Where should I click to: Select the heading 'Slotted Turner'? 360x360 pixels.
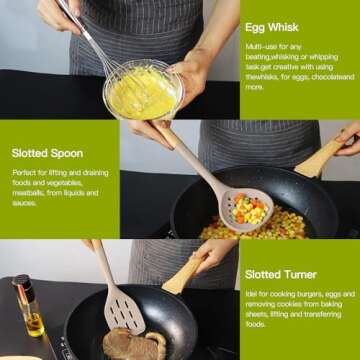[x=281, y=274]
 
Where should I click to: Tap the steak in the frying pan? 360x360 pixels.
[x=132, y=343]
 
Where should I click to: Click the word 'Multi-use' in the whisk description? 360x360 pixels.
[x=262, y=47]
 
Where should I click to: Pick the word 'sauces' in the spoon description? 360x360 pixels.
[x=25, y=202]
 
